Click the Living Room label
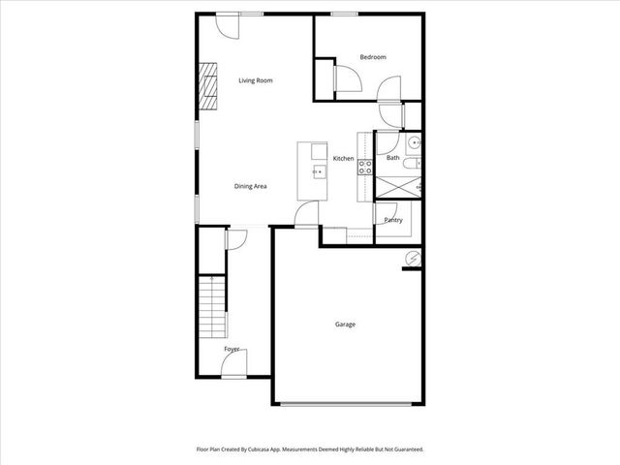256,80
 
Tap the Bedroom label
373,57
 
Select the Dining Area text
251,186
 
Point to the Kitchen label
343,158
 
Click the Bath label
392,158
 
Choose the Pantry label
393,220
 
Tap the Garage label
345,325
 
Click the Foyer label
232,348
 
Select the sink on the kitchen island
317,171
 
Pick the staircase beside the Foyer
213,306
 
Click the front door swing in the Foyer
232,365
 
